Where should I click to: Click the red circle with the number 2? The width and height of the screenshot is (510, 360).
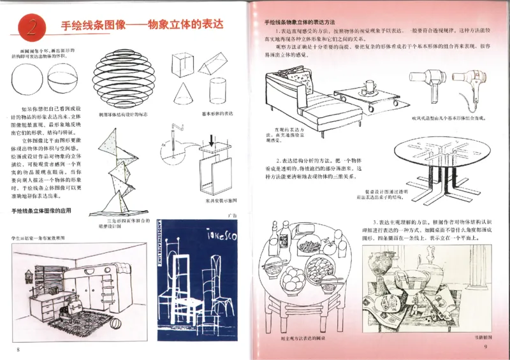coord(30,26)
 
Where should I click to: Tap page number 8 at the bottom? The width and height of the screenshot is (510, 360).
coord(19,349)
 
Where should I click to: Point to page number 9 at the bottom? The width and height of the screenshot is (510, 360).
coord(485,347)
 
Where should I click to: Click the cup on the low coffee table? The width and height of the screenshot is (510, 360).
coord(370,86)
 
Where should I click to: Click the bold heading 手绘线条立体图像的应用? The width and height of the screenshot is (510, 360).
coord(47,210)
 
